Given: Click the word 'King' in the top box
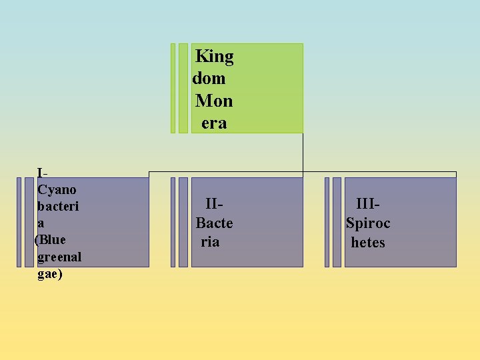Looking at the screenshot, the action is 214,57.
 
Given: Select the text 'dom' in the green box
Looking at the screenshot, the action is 209,79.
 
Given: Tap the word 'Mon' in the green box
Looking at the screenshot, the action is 214,101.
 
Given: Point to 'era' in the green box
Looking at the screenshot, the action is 214,123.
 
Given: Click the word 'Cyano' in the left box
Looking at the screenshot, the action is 57,189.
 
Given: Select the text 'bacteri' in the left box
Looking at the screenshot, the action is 58,206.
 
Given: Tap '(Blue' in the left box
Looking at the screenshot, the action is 50,239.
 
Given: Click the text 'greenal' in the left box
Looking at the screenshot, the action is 59,257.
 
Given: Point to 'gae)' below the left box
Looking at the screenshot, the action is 50,273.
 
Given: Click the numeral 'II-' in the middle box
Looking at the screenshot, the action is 214,204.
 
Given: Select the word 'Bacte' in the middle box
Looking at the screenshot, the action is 214,223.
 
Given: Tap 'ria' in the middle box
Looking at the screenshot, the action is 210,241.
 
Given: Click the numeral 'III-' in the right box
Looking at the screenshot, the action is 368,204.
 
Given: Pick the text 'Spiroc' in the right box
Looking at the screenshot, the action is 368,223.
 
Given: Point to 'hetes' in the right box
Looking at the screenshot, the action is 368,242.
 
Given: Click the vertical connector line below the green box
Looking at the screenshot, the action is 303,153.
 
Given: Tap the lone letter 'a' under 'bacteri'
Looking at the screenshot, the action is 41,223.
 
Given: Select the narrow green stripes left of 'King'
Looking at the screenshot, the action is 179,89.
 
